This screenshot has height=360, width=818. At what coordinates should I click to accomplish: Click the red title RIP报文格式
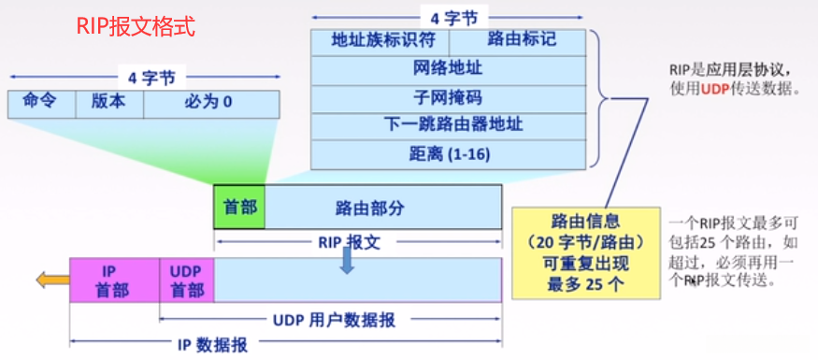point(136,26)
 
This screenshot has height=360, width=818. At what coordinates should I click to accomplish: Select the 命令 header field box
point(42,104)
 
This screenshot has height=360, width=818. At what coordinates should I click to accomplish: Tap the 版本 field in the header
point(109,104)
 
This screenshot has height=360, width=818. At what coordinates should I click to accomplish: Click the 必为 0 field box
point(211,104)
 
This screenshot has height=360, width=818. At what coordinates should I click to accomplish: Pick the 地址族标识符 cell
point(380,42)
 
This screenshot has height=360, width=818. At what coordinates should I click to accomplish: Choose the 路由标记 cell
point(518,42)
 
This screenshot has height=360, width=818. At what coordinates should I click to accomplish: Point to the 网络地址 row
point(449,70)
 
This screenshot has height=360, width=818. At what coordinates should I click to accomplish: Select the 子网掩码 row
point(449,99)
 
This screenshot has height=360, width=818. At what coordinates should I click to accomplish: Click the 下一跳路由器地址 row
point(449,127)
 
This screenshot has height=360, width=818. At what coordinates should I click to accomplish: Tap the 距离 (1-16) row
point(449,155)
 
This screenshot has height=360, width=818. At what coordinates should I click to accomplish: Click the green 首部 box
point(239,207)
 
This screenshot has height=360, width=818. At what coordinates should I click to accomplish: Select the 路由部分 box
point(383,207)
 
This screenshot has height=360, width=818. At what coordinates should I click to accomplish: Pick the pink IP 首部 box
point(115,280)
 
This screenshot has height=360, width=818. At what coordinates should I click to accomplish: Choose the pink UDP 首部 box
point(187,280)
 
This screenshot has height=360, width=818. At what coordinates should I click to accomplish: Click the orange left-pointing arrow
point(52,281)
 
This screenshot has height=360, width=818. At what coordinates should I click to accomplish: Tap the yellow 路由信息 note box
point(586,253)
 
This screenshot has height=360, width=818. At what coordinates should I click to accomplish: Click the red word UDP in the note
point(714,89)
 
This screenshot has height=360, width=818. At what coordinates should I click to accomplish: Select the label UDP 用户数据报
point(335,320)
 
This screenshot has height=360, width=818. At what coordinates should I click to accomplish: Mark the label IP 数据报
point(213,344)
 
